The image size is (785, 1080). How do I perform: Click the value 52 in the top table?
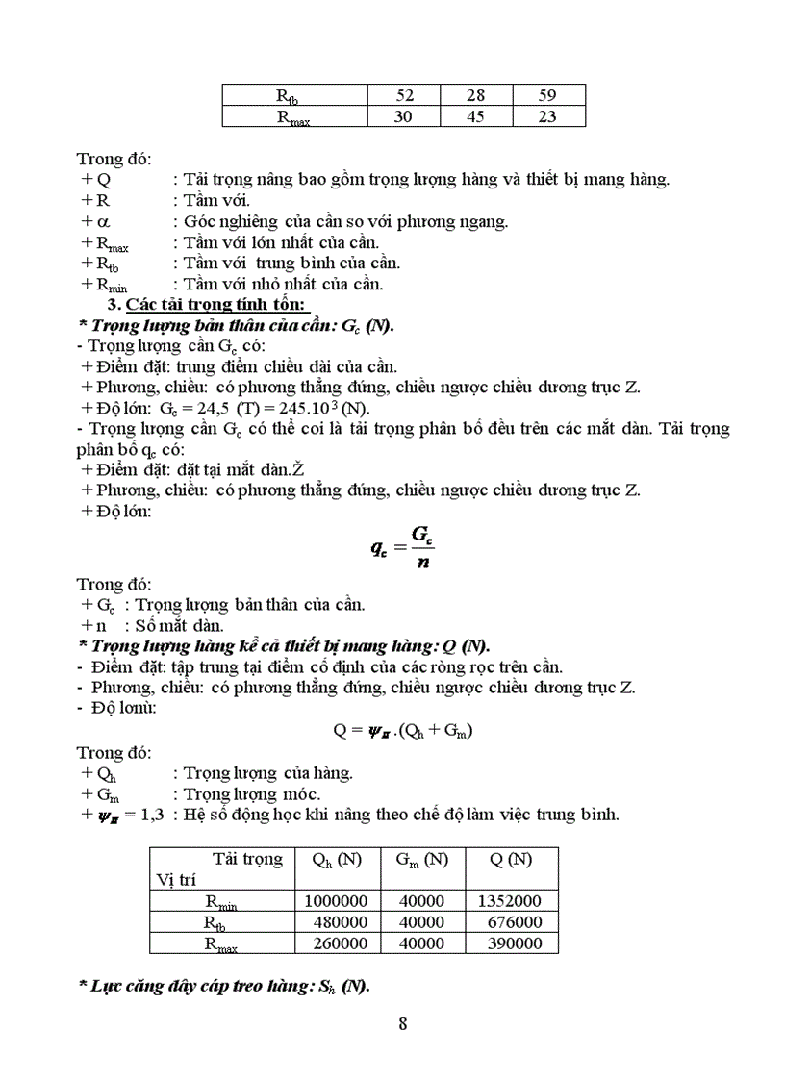(404, 94)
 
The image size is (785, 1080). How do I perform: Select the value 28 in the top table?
(475, 94)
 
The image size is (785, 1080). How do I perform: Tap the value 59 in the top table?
(548, 94)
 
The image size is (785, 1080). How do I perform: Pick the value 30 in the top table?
(404, 116)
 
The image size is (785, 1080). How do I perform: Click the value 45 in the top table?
(475, 116)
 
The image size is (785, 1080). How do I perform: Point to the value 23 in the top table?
(548, 116)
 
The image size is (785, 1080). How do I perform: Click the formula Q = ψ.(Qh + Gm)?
(403, 729)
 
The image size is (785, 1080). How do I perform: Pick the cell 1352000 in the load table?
(509, 901)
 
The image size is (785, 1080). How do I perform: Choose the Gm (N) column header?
(422, 860)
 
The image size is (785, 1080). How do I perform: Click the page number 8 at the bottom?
(403, 1023)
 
